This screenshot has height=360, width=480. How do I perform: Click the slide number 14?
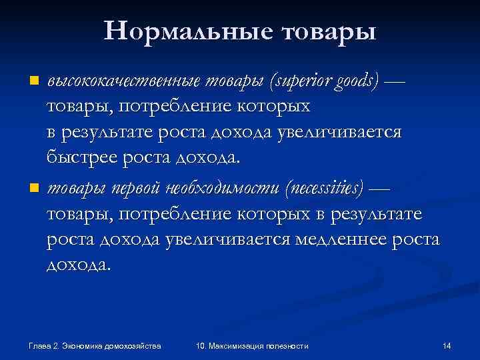click(447, 345)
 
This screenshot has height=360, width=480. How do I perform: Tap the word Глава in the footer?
click(39, 345)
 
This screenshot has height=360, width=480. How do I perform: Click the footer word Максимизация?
click(239, 345)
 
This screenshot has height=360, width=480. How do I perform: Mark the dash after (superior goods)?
click(395, 81)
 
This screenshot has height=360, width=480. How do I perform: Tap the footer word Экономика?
click(80, 345)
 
